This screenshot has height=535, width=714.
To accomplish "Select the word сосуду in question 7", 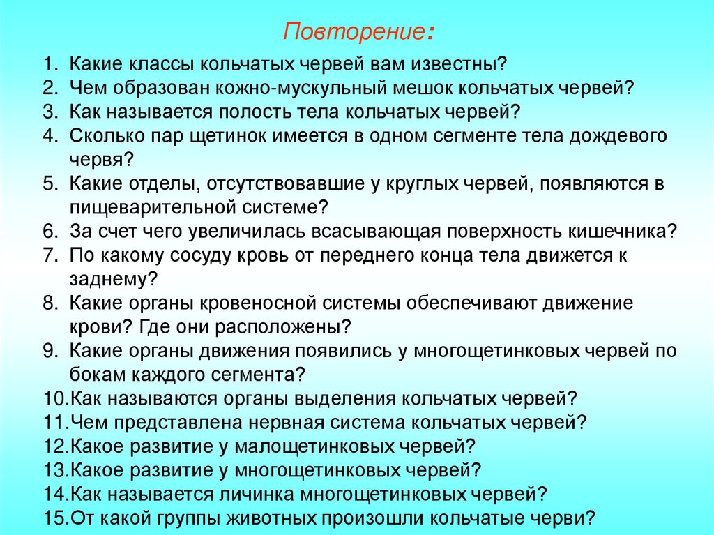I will (202, 255).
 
